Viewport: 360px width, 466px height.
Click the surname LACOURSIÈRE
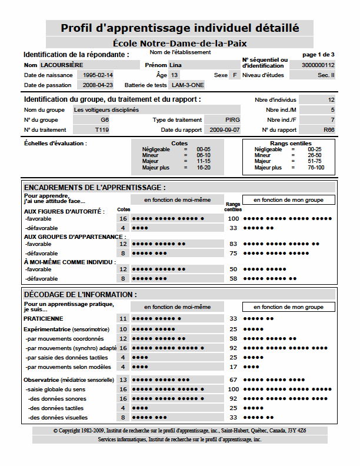pyautogui.click(x=62, y=65)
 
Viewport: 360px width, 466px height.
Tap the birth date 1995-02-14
pyautogui.click(x=98, y=75)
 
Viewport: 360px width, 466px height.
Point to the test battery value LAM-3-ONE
pyautogui.click(x=185, y=85)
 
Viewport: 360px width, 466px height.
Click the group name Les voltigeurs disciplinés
pyautogui.click(x=106, y=109)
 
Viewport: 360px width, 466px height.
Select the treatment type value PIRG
pyautogui.click(x=232, y=119)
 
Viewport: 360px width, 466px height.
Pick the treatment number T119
pyautogui.click(x=101, y=129)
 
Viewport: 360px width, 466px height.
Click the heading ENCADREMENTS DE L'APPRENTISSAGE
pyautogui.click(x=95, y=187)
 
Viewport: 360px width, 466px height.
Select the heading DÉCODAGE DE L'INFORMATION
pyautogui.click(x=80, y=294)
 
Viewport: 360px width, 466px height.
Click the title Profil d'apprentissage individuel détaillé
pyautogui.click(x=180, y=28)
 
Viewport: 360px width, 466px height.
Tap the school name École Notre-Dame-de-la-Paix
pyautogui.click(x=180, y=43)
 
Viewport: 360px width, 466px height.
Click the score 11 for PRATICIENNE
pyautogui.click(x=123, y=318)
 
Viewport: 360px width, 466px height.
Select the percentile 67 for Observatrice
pyautogui.click(x=234, y=380)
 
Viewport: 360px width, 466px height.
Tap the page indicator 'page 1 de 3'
pyautogui.click(x=318, y=54)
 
